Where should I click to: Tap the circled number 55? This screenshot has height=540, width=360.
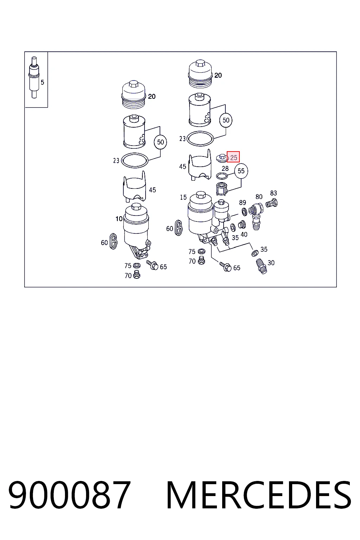(241, 171)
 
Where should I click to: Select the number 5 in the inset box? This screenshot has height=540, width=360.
(43, 83)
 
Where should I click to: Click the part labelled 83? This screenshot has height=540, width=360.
(271, 203)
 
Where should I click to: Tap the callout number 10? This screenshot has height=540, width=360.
(119, 219)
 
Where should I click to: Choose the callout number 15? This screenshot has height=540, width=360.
(183, 198)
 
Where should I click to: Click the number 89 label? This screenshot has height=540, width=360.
(242, 202)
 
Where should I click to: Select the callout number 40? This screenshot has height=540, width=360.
(244, 234)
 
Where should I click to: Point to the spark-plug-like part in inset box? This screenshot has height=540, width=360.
(34, 77)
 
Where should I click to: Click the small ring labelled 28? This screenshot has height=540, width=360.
(222, 176)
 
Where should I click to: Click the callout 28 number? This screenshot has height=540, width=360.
(225, 168)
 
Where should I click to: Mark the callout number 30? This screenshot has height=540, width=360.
(271, 263)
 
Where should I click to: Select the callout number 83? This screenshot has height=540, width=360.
(274, 193)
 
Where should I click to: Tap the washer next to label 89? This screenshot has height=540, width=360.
(244, 212)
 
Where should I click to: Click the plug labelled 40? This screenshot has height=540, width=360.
(242, 225)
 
